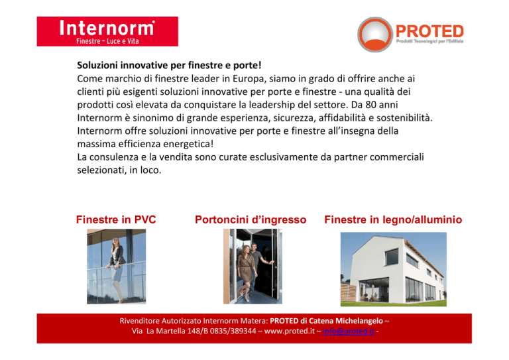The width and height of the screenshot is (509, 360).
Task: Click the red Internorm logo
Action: (x=107, y=31)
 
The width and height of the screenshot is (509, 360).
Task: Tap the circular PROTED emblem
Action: (x=375, y=34)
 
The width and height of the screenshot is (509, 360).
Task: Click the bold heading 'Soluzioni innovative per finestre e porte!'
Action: (x=169, y=65)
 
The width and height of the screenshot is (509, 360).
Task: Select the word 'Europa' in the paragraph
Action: (x=249, y=78)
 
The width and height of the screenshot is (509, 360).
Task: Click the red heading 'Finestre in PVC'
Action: (x=116, y=219)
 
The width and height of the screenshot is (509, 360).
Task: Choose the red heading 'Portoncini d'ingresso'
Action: (x=251, y=219)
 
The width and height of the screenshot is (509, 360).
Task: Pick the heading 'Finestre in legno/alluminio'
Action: (x=393, y=219)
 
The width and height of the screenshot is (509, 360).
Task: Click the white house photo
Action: (x=394, y=269)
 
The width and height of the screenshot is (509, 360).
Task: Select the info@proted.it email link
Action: (x=349, y=331)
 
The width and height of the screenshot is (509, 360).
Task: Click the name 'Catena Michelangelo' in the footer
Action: (x=346, y=321)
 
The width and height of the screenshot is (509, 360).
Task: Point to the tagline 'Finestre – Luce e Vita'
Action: (x=107, y=41)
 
